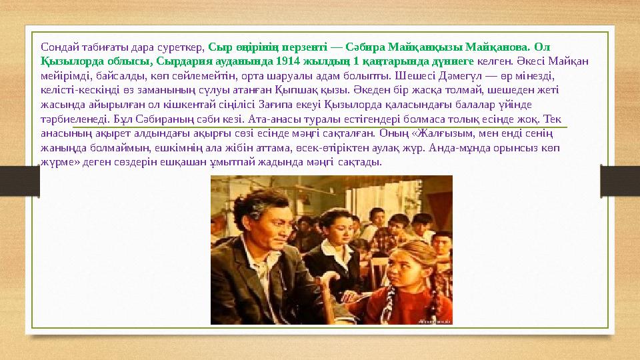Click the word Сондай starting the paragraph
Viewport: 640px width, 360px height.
pyautogui.click(x=59, y=47)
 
